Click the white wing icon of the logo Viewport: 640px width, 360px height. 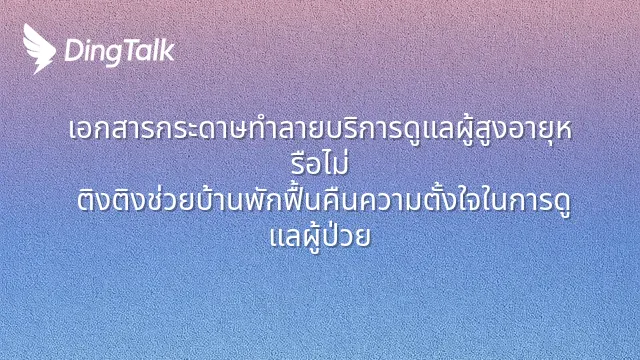[38, 49]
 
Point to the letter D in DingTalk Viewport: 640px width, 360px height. [74, 50]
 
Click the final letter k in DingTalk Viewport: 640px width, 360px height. [168, 50]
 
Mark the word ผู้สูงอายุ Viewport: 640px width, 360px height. [501, 129]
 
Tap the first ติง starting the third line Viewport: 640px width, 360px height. [94, 200]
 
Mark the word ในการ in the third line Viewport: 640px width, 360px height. [507, 200]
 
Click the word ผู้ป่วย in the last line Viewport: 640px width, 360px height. [336, 237]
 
